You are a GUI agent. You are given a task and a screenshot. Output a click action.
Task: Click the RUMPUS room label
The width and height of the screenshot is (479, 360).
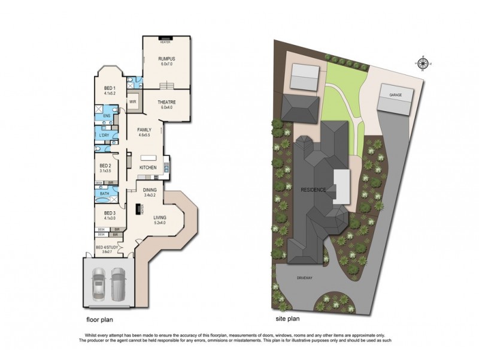165,58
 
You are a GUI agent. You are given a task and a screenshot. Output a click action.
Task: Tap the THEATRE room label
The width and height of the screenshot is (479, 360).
166,102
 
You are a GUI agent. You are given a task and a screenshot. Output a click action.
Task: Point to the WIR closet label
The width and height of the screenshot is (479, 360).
133,102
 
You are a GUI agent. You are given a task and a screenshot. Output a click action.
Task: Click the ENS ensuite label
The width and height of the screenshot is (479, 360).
107,116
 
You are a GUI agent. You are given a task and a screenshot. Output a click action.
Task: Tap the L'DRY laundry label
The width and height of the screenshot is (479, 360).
105,136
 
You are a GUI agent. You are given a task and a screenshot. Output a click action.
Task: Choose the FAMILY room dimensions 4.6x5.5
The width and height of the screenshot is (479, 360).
144,136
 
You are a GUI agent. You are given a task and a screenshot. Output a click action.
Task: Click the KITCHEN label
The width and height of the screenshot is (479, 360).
148,167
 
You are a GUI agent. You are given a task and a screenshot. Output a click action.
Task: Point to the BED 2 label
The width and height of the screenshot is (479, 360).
105,165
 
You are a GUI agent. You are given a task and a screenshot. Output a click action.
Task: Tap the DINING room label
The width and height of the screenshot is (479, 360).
149,190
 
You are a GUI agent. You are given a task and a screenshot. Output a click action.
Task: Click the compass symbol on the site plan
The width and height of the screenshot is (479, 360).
423,63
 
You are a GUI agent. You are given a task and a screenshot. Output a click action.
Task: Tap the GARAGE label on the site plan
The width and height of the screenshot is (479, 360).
395,95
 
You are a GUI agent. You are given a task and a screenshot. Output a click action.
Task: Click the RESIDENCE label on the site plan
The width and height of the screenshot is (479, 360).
314,190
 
